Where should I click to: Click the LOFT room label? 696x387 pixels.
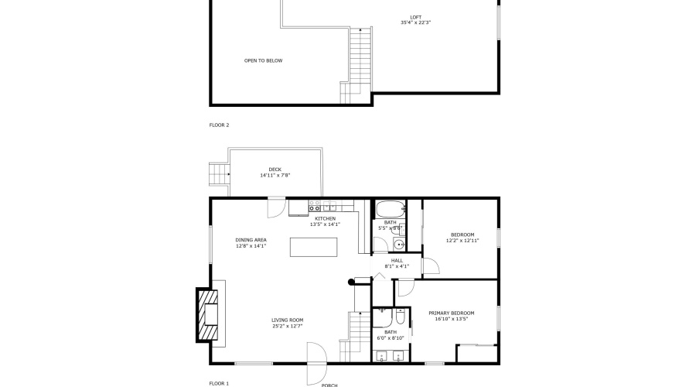coord(415,17)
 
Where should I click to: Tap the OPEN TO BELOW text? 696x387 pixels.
coord(263,60)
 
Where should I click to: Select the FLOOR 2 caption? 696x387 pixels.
coord(219,125)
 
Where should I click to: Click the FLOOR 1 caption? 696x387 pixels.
coord(219,383)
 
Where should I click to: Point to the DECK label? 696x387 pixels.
coord(275,170)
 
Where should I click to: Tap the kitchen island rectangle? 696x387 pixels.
coord(314,247)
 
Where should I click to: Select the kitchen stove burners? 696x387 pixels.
coord(316,207)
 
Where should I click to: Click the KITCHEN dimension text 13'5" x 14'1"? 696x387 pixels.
coord(325,224)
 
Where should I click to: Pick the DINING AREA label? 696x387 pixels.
coord(251,240)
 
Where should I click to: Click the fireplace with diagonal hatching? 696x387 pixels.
coord(206,315)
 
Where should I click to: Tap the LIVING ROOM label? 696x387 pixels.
coord(287,320)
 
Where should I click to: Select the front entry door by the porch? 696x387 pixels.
coord(316,362)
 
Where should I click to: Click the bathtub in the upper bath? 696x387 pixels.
coord(390,208)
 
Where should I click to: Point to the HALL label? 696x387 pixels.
coord(397,261)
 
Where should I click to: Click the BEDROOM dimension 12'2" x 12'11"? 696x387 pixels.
coord(462,241)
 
